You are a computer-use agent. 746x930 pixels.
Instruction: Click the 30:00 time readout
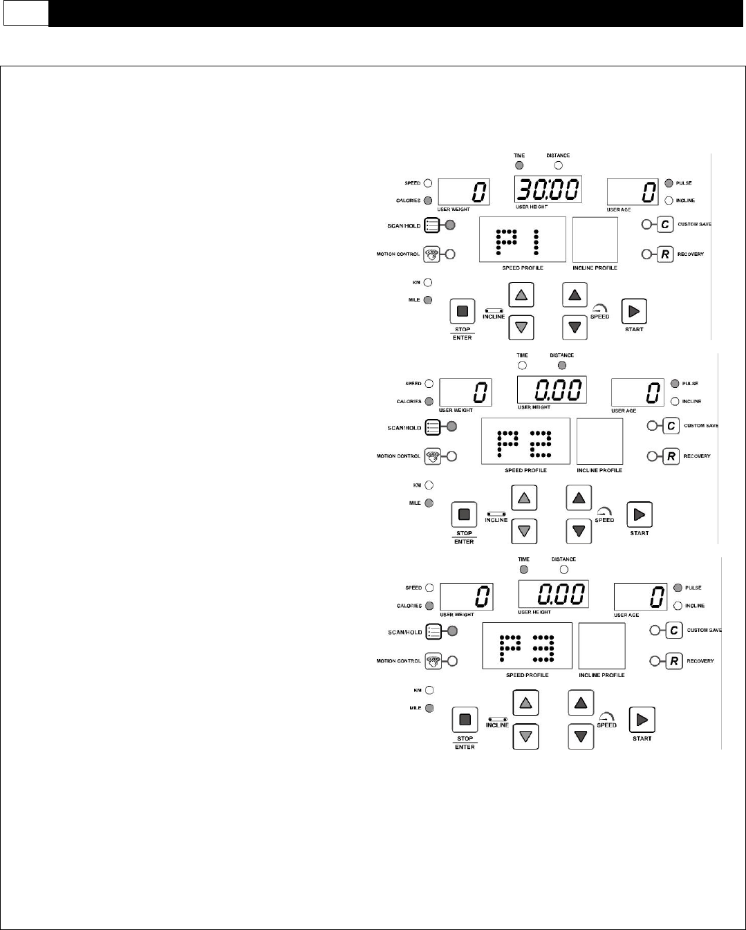(547, 189)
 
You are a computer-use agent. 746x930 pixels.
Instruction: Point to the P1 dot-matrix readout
(522, 240)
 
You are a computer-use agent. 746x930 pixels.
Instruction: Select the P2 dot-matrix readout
(525, 441)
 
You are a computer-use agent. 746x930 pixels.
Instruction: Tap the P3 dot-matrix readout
(528, 647)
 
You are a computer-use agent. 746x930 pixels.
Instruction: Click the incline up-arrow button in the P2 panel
(524, 497)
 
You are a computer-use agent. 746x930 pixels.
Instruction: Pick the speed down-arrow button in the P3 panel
(581, 736)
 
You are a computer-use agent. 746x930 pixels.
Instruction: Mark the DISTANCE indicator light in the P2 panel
(562, 365)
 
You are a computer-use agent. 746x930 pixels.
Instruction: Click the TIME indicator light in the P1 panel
(519, 165)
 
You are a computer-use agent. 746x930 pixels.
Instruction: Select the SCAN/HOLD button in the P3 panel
(433, 631)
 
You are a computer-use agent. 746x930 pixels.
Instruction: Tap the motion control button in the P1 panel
(431, 254)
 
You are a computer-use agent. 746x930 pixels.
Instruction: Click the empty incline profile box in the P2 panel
(599, 441)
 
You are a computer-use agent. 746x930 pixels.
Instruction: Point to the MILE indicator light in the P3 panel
(429, 708)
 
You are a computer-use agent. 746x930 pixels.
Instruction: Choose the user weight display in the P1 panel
(465, 192)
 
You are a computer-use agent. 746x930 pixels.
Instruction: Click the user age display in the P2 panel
(636, 393)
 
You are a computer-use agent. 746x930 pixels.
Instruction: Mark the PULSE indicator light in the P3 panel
(678, 588)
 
